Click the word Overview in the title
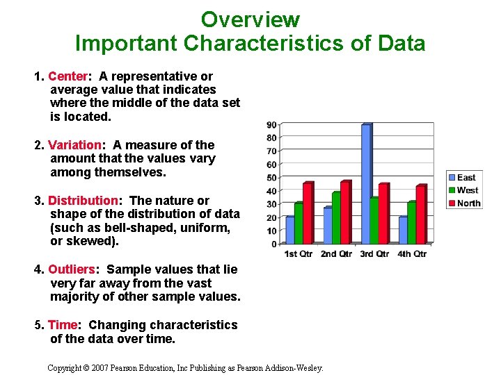coord(250,19)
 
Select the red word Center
coord(67,76)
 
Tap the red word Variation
coord(74,145)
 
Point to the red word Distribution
coord(83,201)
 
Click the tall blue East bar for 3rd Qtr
coord(365,183)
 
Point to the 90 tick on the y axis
coord(271,125)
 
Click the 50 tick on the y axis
coord(271,178)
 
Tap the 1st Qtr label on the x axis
coord(300,254)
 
